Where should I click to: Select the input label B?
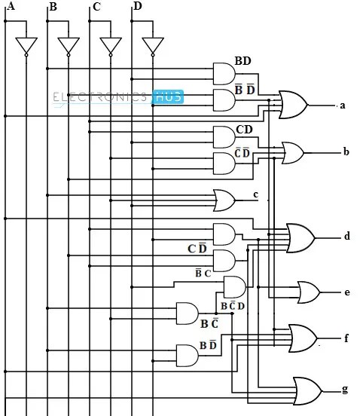point(52,8)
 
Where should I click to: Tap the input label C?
point(95,8)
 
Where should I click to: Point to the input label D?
point(136,7)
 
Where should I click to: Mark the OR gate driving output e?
point(308,291)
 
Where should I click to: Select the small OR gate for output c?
point(224,200)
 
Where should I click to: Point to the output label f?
point(346,338)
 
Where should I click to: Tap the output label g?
point(345,390)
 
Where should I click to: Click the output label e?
point(346,292)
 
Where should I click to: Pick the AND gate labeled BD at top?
point(224,73)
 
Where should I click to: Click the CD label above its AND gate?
point(244,130)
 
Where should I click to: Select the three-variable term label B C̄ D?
point(233,306)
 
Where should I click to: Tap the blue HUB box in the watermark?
point(167,96)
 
